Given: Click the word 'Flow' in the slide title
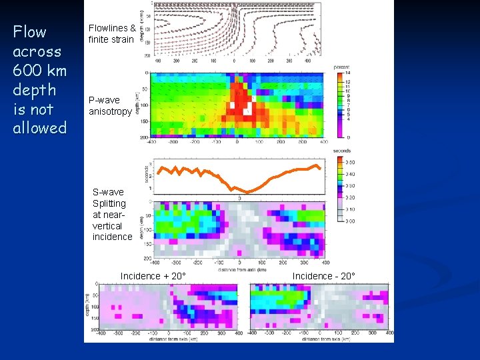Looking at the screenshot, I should coord(30,32).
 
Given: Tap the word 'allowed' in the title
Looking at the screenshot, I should coord(40,128).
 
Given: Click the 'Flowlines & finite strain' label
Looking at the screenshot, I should coord(112,33).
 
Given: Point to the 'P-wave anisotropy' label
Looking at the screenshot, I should coord(110,105).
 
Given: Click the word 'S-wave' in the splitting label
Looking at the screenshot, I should coord(108,192).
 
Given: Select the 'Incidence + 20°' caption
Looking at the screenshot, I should coord(153,276).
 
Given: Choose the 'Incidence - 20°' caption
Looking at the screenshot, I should coord(323,276).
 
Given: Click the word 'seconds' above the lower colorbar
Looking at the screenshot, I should coord(343,151).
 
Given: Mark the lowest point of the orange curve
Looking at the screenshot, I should coord(246,192).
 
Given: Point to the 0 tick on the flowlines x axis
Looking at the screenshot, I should coord(234,61).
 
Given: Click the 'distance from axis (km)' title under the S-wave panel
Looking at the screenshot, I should coord(239,269).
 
